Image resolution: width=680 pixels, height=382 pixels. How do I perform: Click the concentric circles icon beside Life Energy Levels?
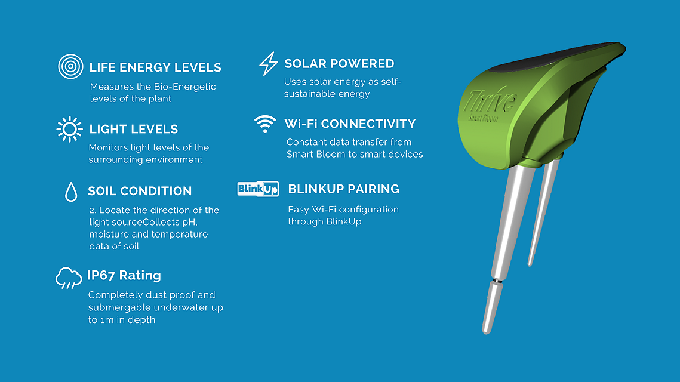point(70,66)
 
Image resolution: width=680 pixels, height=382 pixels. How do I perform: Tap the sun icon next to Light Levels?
point(69,129)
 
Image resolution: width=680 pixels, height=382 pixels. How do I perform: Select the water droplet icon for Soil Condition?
point(71,192)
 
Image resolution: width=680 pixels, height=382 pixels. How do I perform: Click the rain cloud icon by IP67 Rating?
point(69,278)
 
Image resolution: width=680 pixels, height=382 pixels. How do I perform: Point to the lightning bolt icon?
point(269,63)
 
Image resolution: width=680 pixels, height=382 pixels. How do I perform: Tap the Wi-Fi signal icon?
point(265,124)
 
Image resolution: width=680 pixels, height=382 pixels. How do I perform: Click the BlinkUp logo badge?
point(258,189)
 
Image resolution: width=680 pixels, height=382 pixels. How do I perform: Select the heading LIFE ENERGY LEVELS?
point(155,67)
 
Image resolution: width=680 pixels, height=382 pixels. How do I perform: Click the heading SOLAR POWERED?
point(339,64)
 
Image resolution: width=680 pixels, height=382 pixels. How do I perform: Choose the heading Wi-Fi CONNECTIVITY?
point(350,124)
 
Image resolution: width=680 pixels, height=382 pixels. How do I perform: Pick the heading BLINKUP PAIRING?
point(343,189)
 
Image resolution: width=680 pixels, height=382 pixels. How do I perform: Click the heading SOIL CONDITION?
point(140,191)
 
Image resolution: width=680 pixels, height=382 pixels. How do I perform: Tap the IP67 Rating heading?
point(124,275)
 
